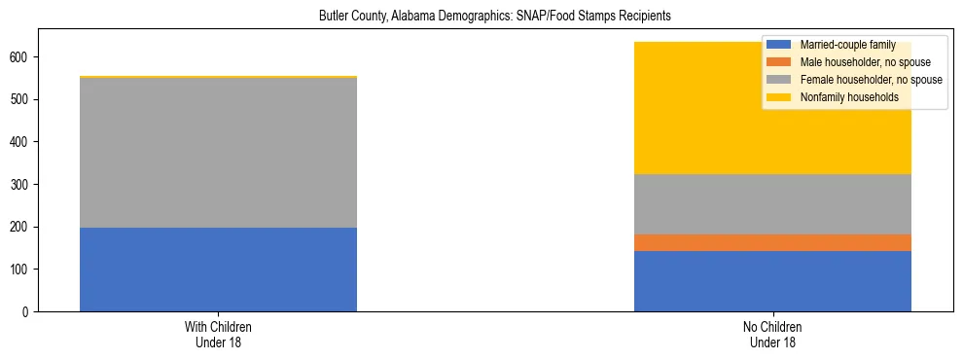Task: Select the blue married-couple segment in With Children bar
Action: (x=218, y=270)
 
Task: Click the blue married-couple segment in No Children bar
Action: (x=772, y=281)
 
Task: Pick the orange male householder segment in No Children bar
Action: (x=772, y=243)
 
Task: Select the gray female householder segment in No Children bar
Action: (x=772, y=204)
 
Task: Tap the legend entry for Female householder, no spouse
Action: (x=869, y=80)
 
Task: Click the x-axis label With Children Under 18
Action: (x=218, y=335)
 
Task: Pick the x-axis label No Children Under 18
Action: (x=772, y=335)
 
